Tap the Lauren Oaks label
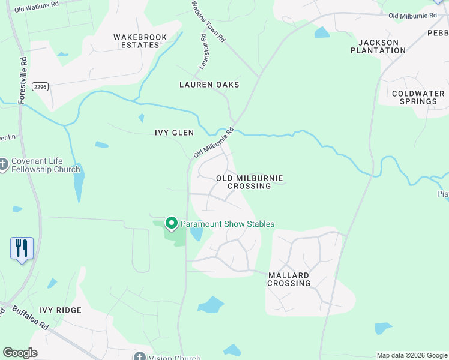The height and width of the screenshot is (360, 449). click(x=209, y=85)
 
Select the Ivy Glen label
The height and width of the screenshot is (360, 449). click(x=174, y=133)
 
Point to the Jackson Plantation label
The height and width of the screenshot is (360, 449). click(x=378, y=46)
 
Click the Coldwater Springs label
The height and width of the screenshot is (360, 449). click(x=418, y=97)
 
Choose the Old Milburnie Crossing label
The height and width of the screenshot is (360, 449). click(x=249, y=182)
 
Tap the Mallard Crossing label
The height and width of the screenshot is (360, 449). click(x=289, y=279)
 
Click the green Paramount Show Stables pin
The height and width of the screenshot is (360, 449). click(x=171, y=223)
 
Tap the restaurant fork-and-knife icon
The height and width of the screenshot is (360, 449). click(x=22, y=248)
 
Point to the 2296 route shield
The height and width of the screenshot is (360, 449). click(x=40, y=86)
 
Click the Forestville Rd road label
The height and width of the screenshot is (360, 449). click(x=23, y=80)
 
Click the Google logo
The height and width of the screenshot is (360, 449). click(x=20, y=353)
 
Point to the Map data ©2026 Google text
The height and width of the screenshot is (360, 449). click(x=411, y=355)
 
